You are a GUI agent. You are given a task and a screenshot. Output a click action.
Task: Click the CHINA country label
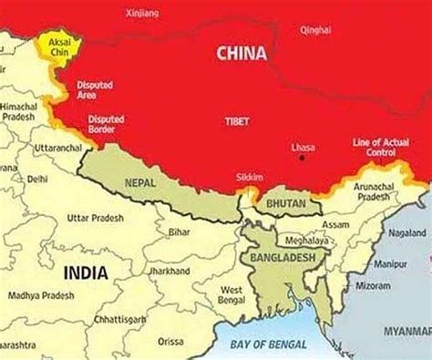click(x=242, y=55)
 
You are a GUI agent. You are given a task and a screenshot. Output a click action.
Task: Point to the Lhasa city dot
click(x=301, y=158)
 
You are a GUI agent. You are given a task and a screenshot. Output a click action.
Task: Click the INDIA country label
click(x=85, y=272)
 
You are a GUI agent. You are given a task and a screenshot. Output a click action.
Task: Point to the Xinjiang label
click(x=157, y=13)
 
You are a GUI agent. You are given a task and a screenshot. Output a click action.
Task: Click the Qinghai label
click(x=315, y=30)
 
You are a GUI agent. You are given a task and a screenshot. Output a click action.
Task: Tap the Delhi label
click(x=37, y=180)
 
